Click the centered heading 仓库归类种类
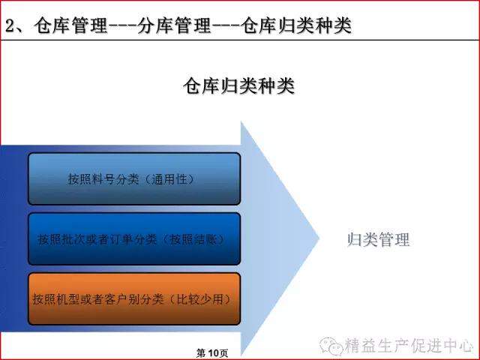click(x=238, y=86)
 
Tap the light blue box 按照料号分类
click(x=134, y=178)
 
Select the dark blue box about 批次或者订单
click(x=134, y=238)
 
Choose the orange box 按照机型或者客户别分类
click(x=134, y=298)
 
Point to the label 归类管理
click(x=378, y=239)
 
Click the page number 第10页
click(x=212, y=353)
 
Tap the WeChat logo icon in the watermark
click(x=331, y=346)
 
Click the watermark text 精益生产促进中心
click(x=409, y=346)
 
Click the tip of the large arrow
click(x=319, y=238)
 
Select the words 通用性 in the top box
click(x=169, y=179)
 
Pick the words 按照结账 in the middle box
click(x=193, y=239)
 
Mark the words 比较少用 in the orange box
click(x=200, y=299)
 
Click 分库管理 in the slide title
click(x=174, y=25)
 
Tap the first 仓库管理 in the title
click(x=70, y=25)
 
